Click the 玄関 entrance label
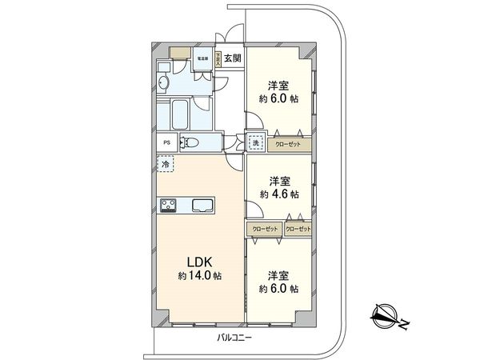tap(232, 58)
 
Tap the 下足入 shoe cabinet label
tap(218, 58)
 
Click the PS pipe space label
tap(166, 143)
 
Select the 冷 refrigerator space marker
tap(166, 164)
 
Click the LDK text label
tap(200, 262)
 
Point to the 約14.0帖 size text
tap(200, 276)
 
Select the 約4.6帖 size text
tap(279, 194)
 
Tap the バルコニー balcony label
tap(234, 339)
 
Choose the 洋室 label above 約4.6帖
tap(279, 181)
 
